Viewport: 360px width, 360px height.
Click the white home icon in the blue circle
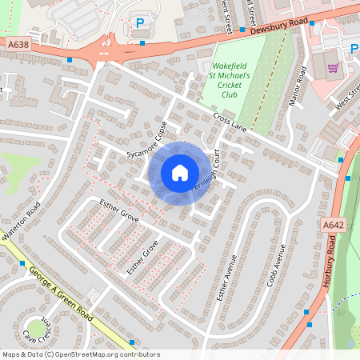(180, 172)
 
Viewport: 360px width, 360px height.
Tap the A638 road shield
(20, 46)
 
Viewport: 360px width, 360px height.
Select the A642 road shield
(334, 226)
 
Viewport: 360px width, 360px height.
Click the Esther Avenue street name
(225, 277)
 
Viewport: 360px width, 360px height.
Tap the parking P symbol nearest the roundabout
(141, 24)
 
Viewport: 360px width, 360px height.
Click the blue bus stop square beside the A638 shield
(70, 60)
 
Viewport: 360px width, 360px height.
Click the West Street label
(349, 94)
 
